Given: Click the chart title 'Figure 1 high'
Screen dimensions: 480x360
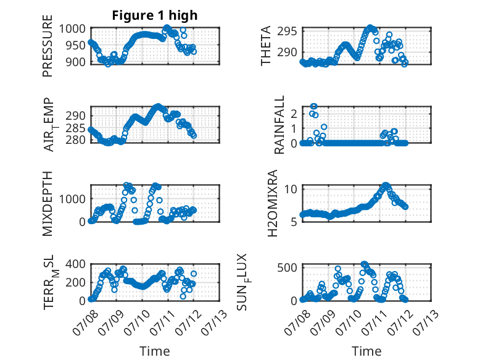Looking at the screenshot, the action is coord(155,15).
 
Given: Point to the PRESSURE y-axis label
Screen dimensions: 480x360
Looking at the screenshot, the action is coord(48,46).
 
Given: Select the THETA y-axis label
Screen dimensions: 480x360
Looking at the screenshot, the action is coord(266,46).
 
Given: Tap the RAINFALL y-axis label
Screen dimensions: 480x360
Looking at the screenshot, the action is coord(279,124).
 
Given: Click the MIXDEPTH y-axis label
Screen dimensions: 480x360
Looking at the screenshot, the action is coord(48,204).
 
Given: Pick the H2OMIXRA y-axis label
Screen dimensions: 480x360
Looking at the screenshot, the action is coord(273,203).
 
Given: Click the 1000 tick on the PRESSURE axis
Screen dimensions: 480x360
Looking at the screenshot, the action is coord(72,29).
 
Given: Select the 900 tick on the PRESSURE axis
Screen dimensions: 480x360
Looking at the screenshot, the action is coord(76,62).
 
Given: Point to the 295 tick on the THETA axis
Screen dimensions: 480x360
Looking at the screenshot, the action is coord(287,31).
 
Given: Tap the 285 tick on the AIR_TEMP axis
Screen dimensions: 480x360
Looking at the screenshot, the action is coord(76,128).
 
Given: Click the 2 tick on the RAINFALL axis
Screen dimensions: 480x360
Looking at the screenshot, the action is coord(294,114).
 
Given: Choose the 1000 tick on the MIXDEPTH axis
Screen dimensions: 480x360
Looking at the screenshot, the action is coord(72,199).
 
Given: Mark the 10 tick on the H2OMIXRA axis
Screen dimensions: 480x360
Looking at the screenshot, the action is coord(291,189).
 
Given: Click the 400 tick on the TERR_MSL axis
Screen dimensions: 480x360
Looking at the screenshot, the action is coord(76,264).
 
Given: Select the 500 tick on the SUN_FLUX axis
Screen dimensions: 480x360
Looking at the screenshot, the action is coord(287,267).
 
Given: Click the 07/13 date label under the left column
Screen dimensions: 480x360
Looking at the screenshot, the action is coord(215,322).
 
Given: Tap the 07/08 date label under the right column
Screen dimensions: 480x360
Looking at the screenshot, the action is coord(297,322).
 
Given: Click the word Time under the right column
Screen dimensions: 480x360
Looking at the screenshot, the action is coord(366,351).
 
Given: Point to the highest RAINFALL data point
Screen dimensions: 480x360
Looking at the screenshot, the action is coord(313,106).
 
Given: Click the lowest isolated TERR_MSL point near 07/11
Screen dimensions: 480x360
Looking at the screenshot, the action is coord(183,296).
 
